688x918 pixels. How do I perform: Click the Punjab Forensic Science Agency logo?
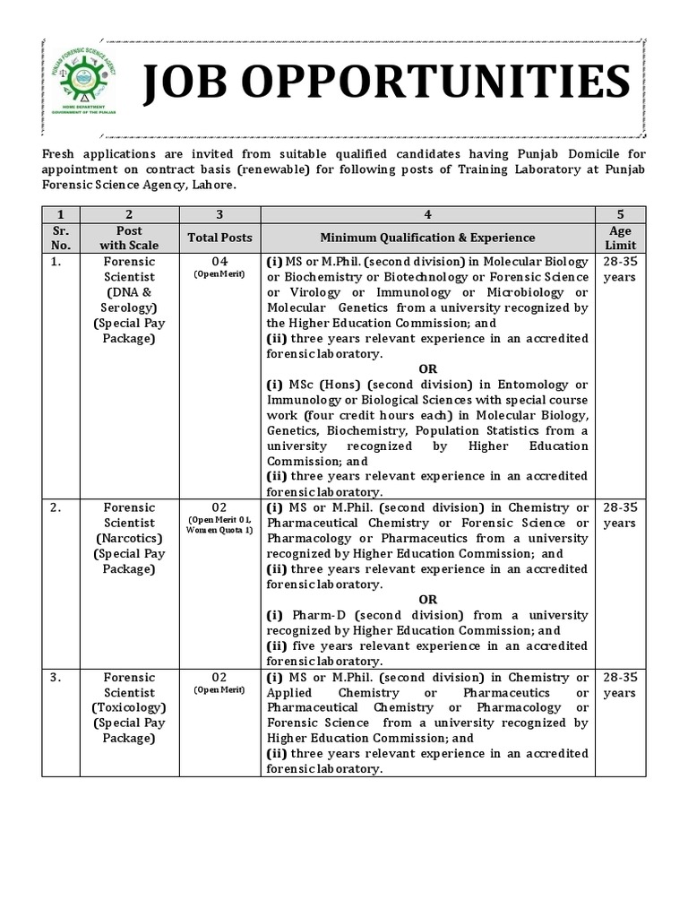(89, 83)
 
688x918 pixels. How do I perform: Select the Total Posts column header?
(219, 238)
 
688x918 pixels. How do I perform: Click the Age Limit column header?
(620, 238)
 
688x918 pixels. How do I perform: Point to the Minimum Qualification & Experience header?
(427, 238)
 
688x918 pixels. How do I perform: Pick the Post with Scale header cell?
(129, 238)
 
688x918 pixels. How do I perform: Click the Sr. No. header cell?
(61, 238)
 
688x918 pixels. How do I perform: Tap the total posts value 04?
(219, 261)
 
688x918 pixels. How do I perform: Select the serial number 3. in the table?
(56, 677)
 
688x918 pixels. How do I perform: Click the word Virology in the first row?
(295, 292)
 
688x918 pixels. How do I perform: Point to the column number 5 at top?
(620, 214)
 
